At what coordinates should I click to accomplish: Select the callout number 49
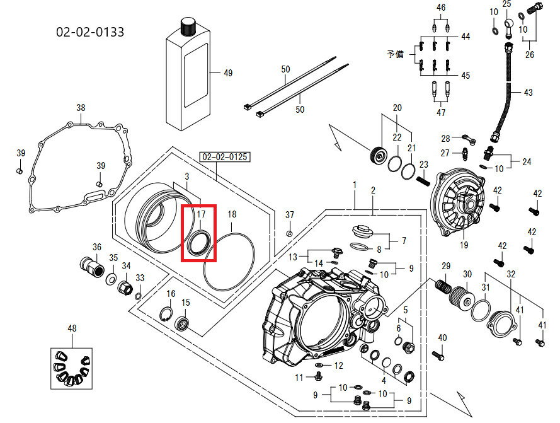[x=228, y=73]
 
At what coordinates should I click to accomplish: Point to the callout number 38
[x=81, y=108]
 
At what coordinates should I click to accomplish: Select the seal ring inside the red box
[x=198, y=243]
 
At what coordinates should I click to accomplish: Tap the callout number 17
[x=200, y=214]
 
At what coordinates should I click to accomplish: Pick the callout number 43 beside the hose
[x=528, y=93]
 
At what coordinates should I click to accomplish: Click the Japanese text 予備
[x=396, y=54]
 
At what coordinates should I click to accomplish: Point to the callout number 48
[x=72, y=328]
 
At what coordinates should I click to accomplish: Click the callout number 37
[x=290, y=215]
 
